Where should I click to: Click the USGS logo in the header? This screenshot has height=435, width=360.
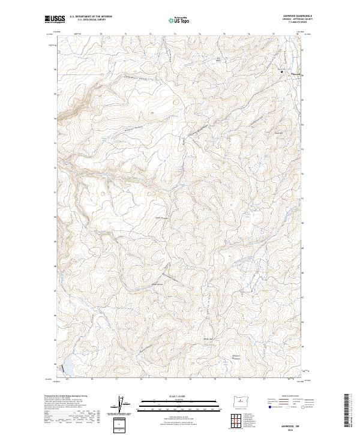55,19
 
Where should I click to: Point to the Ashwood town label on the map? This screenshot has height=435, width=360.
292,74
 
